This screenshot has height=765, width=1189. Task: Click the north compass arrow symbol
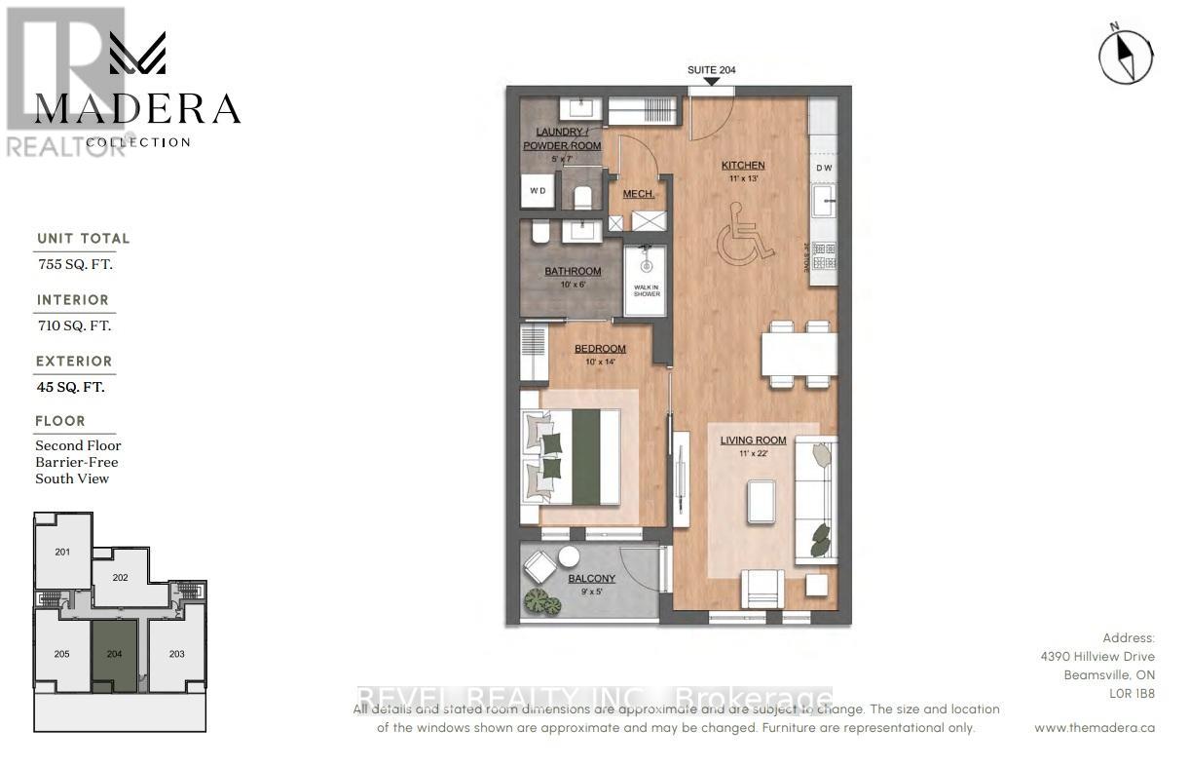click(x=1126, y=56)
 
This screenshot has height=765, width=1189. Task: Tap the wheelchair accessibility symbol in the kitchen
click(x=745, y=236)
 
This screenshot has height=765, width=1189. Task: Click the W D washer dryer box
click(x=538, y=191)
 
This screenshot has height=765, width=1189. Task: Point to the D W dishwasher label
click(x=824, y=168)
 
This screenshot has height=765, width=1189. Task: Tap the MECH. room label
click(x=639, y=194)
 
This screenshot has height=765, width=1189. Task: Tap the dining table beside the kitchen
click(x=799, y=354)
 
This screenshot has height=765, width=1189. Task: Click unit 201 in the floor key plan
click(x=62, y=553)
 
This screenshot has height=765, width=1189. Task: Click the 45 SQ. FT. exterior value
click(x=70, y=387)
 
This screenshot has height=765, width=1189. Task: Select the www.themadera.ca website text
click(x=1095, y=728)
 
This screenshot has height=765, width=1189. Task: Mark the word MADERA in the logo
click(x=137, y=110)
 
